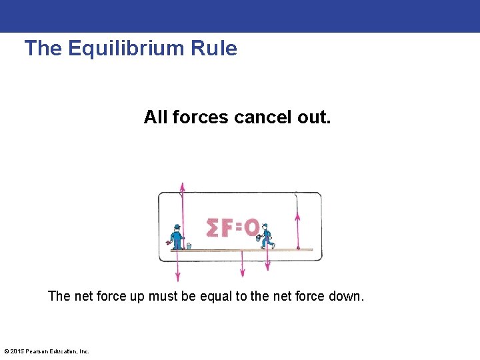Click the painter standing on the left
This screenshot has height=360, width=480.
[x=177, y=237]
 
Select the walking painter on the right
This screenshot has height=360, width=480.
[x=267, y=236]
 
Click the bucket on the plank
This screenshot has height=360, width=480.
[x=189, y=246]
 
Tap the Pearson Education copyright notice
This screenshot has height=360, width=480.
[x=47, y=351]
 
